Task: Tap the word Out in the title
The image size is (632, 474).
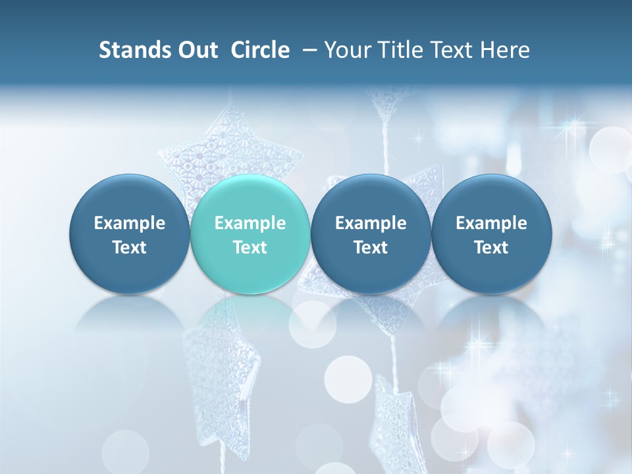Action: point(196,50)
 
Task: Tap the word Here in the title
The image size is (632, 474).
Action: point(504,50)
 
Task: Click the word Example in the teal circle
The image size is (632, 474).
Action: point(250,223)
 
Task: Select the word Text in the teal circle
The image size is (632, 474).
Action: point(250,248)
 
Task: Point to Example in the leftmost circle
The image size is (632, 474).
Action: point(130,223)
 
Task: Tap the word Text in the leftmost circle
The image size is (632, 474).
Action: point(130,248)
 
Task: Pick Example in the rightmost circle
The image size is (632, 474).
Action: point(491,223)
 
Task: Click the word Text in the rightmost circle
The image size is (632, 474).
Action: point(491,248)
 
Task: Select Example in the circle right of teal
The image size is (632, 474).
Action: point(371,223)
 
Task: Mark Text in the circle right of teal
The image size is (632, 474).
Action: point(371,248)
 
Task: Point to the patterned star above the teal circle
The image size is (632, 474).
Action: point(230,155)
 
